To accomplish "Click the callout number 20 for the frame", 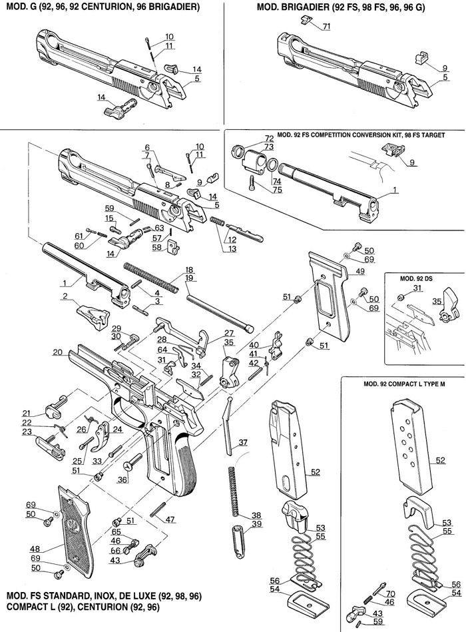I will [x=57, y=351].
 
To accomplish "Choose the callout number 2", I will [x=65, y=296].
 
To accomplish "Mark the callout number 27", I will [x=230, y=333].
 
